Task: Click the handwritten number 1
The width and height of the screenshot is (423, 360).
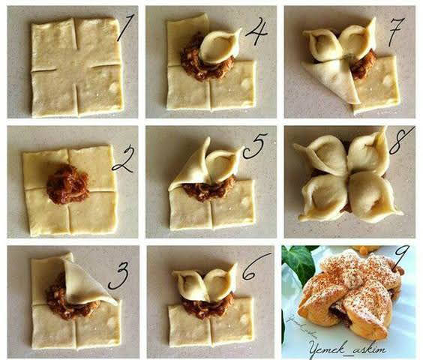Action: [125, 28]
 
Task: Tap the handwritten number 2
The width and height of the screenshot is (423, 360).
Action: [123, 159]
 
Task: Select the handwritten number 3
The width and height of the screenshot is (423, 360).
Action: [118, 275]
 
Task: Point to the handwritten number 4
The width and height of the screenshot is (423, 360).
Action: [256, 31]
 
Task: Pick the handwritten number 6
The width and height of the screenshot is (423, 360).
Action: [255, 267]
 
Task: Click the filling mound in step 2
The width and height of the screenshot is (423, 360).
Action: [67, 184]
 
